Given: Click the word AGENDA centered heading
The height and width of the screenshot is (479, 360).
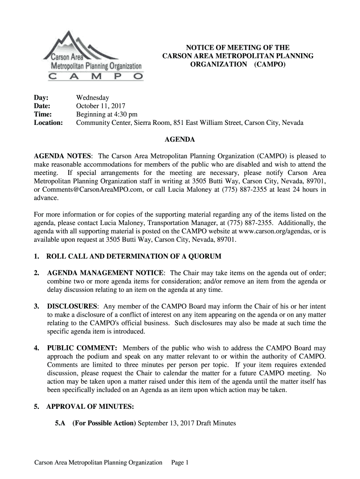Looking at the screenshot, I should [180, 139].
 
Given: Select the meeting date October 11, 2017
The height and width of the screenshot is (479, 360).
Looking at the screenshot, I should [100, 106].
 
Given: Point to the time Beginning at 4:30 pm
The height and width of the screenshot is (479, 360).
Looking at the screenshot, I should [107, 115].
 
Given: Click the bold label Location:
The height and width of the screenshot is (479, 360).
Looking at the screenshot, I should [49, 123].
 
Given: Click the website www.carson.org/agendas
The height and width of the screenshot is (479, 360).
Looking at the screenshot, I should [271, 232].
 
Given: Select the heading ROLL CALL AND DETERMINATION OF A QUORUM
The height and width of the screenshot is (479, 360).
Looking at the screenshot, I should [134, 257].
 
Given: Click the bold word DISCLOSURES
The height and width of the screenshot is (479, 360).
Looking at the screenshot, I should [72, 306].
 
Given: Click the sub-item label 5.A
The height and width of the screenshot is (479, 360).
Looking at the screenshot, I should [59, 424].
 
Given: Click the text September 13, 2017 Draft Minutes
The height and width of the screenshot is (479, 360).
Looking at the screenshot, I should [187, 424].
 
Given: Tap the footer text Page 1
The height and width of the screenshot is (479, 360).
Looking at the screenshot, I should [180, 463].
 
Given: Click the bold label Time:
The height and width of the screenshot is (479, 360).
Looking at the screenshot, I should [43, 115].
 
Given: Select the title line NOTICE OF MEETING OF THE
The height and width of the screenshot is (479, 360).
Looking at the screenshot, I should [238, 47].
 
